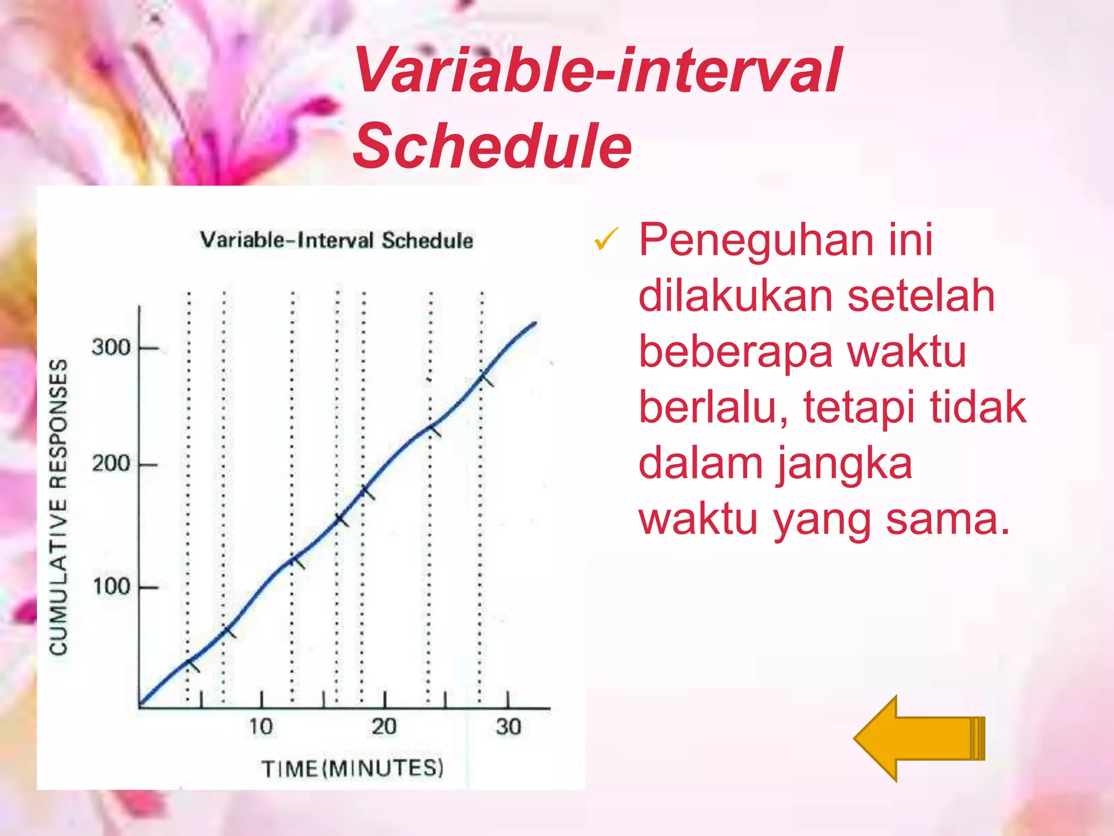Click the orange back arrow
coord(919,738)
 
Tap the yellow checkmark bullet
coord(606,239)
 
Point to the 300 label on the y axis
coord(111,347)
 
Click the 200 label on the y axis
coord(111,464)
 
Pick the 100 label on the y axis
coord(111,587)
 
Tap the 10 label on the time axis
coord(261,727)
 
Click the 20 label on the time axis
coord(384,727)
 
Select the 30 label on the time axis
coord(508,727)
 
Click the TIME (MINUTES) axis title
coord(352,769)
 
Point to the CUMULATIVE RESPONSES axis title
coord(59,506)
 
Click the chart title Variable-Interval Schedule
coord(336,240)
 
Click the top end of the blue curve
coord(535,323)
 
